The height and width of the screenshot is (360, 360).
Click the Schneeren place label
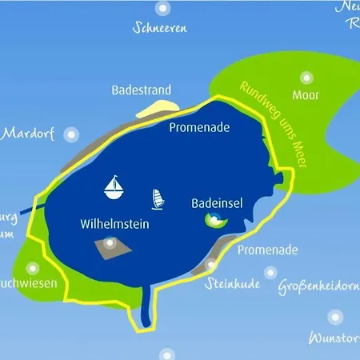point(160,29)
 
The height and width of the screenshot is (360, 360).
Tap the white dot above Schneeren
point(162,9)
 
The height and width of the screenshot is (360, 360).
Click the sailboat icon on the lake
point(115,187)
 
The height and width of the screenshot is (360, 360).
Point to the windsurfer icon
point(156,198)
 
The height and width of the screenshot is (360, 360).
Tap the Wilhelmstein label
point(115,225)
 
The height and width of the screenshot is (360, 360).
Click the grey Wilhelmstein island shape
point(110,247)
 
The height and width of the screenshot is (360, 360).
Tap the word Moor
point(306,96)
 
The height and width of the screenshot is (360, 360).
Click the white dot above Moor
point(306,78)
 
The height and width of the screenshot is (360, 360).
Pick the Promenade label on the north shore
point(198,127)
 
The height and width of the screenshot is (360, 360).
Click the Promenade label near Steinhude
point(268,250)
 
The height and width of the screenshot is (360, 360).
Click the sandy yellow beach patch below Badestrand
point(155,109)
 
